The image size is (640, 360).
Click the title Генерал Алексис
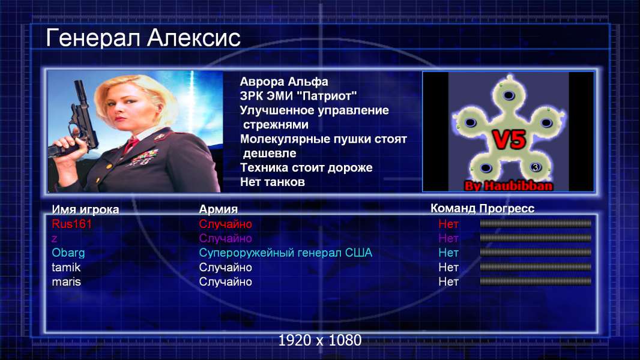pos(143,38)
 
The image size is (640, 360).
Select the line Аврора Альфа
pos(283,82)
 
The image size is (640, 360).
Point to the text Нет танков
pos(272,182)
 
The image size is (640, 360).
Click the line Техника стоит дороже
pos(306,167)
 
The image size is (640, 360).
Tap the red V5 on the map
pos(509,140)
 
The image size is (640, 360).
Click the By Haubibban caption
pos(509,186)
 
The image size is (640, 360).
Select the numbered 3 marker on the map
pos(535,167)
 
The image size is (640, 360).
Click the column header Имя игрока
pos(85,209)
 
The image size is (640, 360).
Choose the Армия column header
pos(218,209)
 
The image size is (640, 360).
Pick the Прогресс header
pos(507,209)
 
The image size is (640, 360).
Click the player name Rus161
pos(71,224)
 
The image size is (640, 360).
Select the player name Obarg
pos(68,253)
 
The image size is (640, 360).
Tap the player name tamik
pos(65,268)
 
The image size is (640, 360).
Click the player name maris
pos(66,282)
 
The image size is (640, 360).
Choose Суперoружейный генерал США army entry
pos(285,253)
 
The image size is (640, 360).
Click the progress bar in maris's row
pos(536,281)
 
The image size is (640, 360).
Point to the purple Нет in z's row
pos(448,238)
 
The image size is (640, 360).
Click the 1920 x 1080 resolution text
pos(319,340)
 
